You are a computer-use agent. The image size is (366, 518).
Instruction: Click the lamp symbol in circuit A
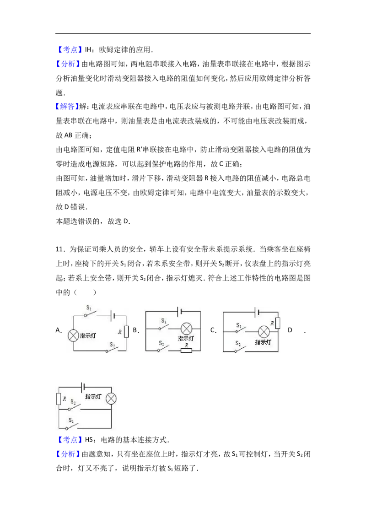[73, 335]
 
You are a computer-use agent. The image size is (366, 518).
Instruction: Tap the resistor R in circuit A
[126, 331]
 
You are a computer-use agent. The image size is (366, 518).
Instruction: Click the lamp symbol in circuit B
[186, 329]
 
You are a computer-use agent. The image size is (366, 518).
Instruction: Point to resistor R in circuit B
[186, 351]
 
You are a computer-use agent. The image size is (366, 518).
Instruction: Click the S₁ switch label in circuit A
[89, 308]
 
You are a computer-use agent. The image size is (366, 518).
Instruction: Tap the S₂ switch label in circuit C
[238, 343]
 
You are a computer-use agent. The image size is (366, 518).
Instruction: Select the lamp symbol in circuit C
[264, 331]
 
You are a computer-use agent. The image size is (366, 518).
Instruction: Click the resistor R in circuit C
[277, 323]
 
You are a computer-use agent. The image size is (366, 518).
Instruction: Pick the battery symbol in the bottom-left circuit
[83, 387]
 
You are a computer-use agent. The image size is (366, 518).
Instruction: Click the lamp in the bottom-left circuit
[111, 399]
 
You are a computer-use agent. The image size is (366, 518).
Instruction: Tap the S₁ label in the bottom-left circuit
[71, 420]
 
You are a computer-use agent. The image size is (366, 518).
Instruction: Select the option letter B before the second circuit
[135, 329]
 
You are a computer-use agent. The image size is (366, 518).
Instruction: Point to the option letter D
[290, 329]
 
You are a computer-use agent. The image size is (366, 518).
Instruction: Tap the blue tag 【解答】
[67, 106]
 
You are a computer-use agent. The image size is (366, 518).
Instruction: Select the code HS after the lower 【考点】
[89, 440]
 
